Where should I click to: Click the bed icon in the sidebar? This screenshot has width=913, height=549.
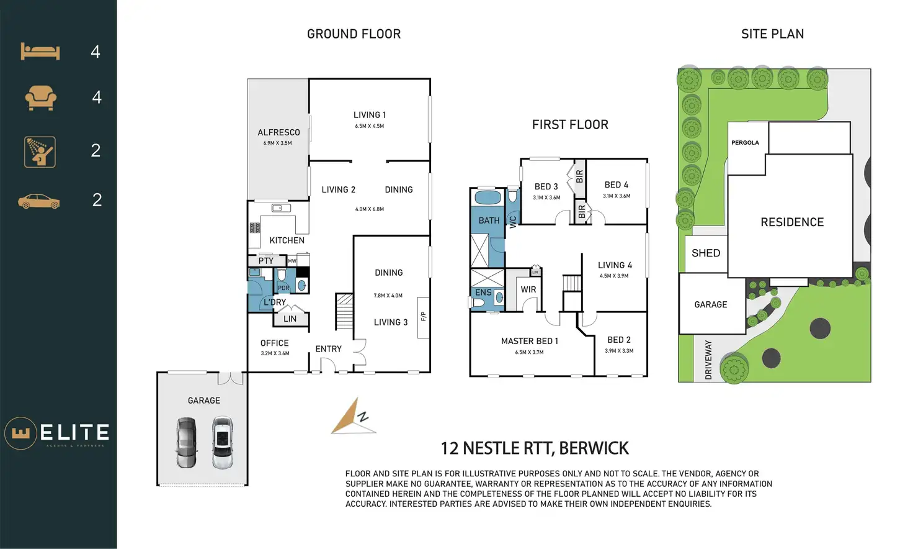point(40,52)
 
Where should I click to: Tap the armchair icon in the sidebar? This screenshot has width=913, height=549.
point(40,98)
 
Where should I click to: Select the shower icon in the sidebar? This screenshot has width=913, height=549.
point(40,152)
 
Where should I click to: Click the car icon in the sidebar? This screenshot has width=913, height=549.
point(39,201)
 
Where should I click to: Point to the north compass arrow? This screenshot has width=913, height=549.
point(354,417)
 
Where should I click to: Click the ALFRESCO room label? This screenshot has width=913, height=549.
point(278,132)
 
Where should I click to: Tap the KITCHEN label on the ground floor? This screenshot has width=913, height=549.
point(287,240)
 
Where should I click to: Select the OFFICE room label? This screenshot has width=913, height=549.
point(274,343)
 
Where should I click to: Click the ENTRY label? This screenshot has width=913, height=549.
point(328,349)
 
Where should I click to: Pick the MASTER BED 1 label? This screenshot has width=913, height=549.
point(529,341)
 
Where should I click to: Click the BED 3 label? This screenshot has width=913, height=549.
point(546,186)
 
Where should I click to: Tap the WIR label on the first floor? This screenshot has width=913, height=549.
point(528,289)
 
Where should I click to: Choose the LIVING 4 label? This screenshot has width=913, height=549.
point(615,265)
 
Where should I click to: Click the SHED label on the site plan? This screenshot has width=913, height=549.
point(706,253)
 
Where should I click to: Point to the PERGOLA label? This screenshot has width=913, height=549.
point(745,143)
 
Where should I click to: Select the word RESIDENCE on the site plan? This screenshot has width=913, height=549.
point(792,222)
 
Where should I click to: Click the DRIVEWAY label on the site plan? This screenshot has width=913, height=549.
point(708,360)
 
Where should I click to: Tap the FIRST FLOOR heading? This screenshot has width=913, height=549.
point(570,125)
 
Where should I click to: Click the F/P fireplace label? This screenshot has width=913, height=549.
point(424,317)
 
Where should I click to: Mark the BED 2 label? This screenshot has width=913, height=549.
point(618,340)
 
